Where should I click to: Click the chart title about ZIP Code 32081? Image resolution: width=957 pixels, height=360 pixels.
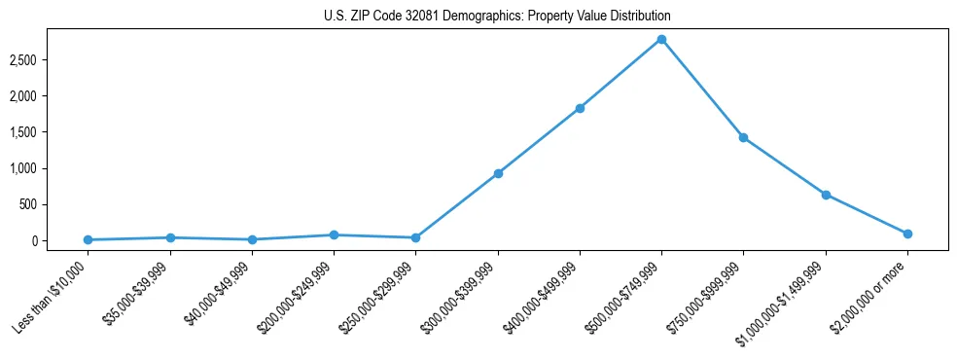click(497, 17)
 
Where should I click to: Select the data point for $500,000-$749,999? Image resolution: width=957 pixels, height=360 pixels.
click(661, 39)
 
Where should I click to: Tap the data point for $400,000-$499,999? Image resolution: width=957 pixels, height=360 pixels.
click(580, 108)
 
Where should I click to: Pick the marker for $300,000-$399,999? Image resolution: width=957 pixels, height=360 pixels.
click(498, 173)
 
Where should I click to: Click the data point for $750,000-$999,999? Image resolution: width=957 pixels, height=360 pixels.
click(743, 137)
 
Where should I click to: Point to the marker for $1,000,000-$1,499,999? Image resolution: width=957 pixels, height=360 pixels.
click(826, 195)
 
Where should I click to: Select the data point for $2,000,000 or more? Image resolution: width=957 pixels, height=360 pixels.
click(907, 234)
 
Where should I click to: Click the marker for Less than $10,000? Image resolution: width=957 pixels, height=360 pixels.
click(89, 239)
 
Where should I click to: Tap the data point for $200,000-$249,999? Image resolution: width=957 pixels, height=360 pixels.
click(334, 234)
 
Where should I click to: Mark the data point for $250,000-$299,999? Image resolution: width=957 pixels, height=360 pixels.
click(415, 237)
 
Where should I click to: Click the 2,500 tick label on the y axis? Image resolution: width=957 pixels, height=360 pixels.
click(51, 60)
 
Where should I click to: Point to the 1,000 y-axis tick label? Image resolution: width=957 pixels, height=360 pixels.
click(51, 168)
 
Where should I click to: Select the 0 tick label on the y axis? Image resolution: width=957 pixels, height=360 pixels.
click(60, 240)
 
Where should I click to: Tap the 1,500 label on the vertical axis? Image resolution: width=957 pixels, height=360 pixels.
click(51, 132)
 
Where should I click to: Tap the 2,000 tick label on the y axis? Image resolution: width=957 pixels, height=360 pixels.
click(51, 96)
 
